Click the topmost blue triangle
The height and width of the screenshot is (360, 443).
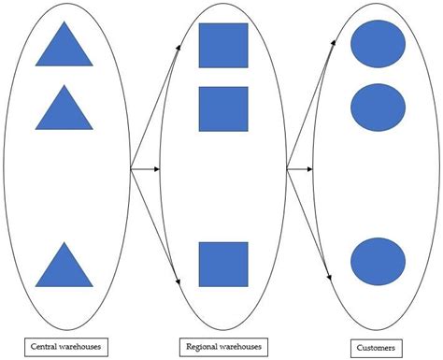(x=64, y=47)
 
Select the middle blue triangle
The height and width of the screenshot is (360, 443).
(x=64, y=110)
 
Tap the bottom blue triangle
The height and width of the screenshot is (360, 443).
(x=64, y=267)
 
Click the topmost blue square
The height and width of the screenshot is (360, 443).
(x=223, y=46)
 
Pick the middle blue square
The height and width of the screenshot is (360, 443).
(x=223, y=108)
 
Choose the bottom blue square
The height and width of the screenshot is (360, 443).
(x=223, y=265)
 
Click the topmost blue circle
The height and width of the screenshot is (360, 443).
(x=379, y=43)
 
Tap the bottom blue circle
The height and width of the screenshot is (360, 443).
(x=379, y=261)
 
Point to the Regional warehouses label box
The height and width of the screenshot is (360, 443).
(x=222, y=346)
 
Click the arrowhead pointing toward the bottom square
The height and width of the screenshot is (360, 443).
(x=178, y=278)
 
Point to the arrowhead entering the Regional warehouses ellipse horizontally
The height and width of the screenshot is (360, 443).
(x=161, y=169)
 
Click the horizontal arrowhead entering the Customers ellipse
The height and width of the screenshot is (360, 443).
(x=315, y=169)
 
